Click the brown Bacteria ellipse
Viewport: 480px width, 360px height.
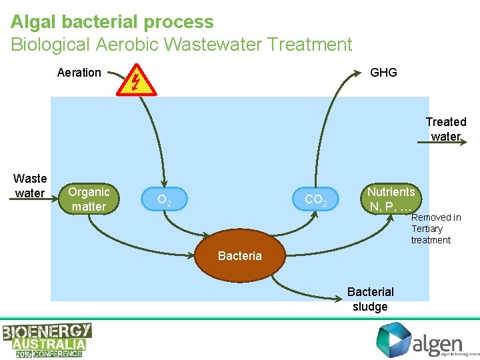point(240,256)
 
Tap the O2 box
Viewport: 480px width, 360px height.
point(163,199)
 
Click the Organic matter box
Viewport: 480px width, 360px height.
point(89,199)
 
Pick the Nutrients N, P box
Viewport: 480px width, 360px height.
point(391,199)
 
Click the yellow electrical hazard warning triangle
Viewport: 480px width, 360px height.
point(136,81)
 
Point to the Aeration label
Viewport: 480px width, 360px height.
point(79,73)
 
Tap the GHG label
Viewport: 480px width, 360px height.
point(383,73)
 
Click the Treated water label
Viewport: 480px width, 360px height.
point(445,129)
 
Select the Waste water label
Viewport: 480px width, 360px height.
point(30,186)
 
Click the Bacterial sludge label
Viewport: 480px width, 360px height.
point(371,299)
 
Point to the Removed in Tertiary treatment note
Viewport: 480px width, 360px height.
point(435,229)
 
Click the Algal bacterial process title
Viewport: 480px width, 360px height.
point(112,21)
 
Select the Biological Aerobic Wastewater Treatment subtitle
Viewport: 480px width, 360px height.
point(181,45)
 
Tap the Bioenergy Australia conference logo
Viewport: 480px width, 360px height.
point(47,340)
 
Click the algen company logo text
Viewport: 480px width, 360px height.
point(437,344)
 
